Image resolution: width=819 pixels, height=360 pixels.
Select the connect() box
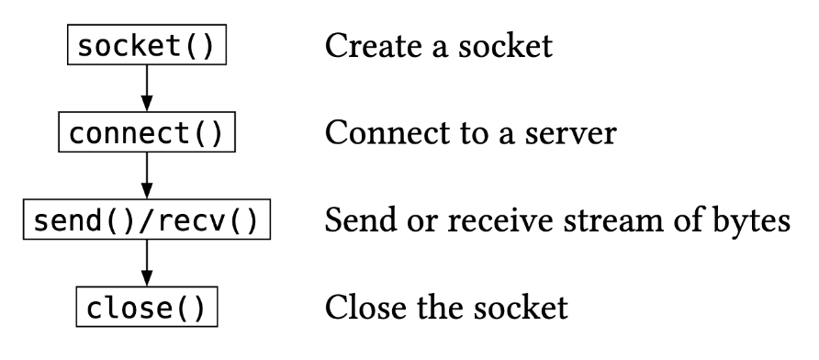(147, 134)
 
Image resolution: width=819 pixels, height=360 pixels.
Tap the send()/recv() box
(147, 222)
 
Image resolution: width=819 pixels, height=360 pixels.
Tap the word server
(576, 134)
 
